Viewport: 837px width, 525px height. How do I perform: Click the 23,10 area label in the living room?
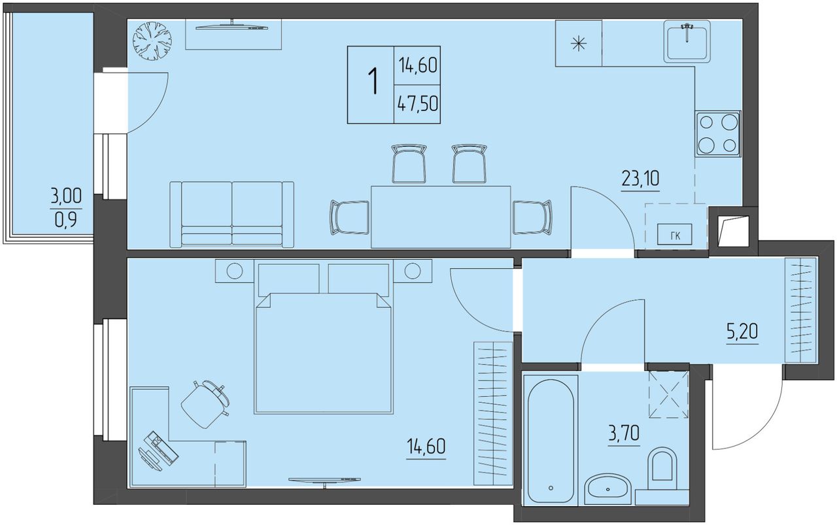point(640,178)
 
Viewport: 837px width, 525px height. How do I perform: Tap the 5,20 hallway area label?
point(742,331)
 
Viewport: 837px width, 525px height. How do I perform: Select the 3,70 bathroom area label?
point(624,433)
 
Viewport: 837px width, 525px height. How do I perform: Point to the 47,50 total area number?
point(417,103)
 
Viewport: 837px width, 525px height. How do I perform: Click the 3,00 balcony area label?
point(66,195)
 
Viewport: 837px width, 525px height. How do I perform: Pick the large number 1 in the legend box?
point(373,81)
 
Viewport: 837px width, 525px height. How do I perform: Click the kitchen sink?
point(687,41)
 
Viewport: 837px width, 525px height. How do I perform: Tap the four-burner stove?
point(718,134)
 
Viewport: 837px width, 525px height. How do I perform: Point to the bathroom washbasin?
point(607,489)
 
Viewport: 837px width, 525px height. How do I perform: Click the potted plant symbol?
point(152,41)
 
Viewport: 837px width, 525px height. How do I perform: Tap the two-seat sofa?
point(231,214)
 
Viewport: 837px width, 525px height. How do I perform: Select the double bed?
point(324,338)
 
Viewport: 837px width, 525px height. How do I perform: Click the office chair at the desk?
point(205,404)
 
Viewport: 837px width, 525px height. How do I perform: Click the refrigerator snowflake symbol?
point(579,43)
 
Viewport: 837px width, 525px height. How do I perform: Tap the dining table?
point(441,216)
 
